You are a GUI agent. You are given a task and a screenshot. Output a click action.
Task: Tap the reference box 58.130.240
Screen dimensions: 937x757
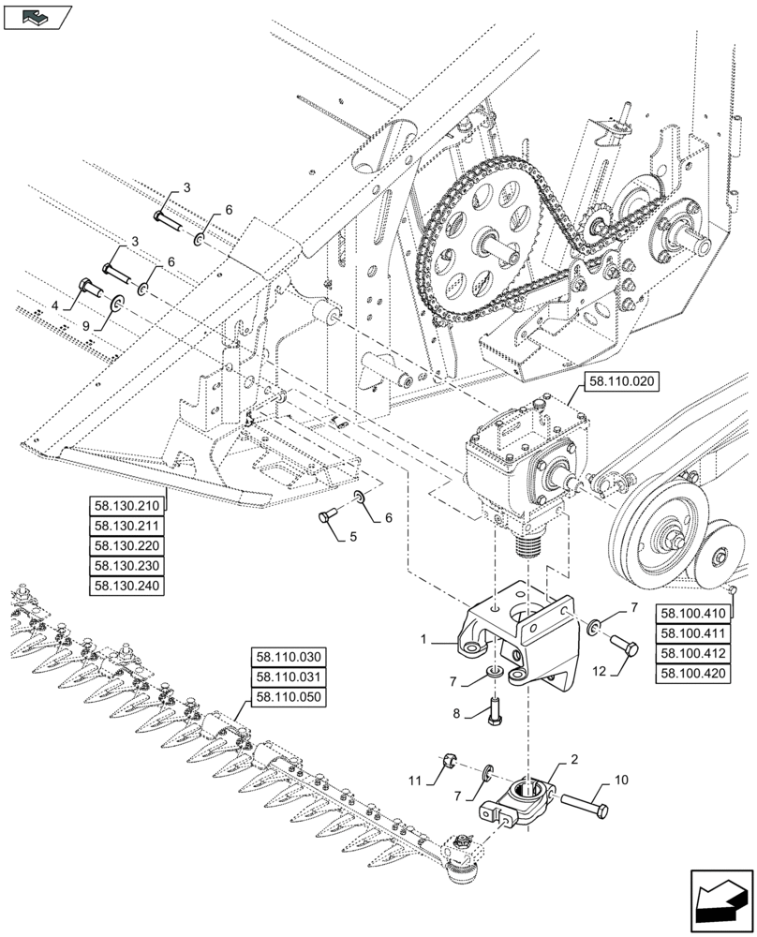[126, 586]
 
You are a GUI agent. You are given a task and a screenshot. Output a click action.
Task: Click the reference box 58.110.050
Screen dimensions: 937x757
[287, 697]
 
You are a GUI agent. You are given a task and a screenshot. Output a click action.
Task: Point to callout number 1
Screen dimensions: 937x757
[423, 639]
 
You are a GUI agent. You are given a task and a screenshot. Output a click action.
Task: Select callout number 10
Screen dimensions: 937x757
[621, 779]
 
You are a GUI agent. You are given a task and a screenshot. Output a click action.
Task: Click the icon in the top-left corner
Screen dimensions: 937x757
[37, 16]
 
